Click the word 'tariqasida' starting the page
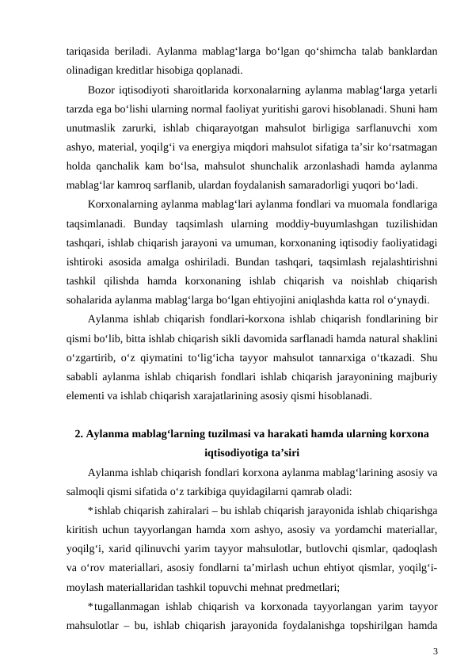point(87,49)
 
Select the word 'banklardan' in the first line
point(411,49)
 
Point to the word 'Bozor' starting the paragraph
point(101,89)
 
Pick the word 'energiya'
point(265,148)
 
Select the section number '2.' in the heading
point(78,433)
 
